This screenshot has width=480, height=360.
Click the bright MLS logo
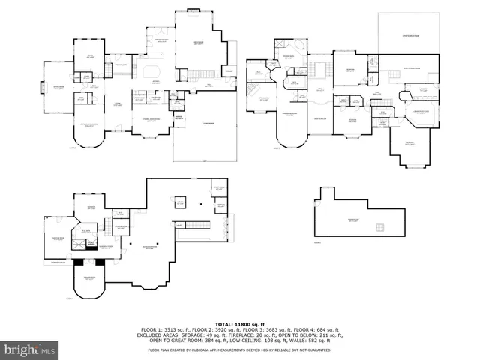pos(30,349)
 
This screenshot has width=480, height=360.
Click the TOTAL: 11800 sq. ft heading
pos(239,322)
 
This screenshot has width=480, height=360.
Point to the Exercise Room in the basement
pos(56,238)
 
